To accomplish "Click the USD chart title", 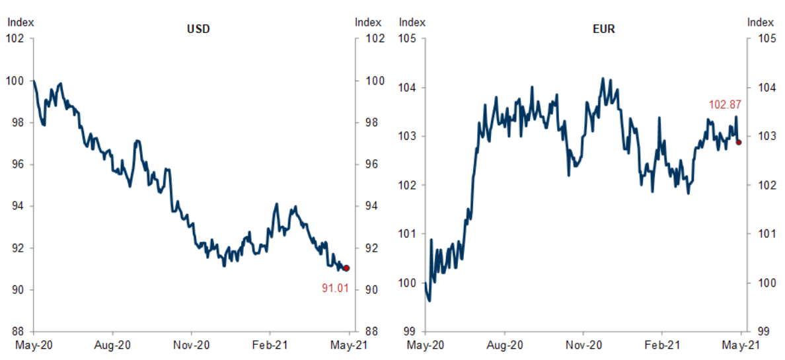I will (199, 29).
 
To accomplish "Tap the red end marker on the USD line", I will (347, 268).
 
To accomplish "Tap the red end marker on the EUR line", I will (739, 142).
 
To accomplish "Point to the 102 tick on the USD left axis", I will (15, 38).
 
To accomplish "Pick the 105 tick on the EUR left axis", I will (407, 38).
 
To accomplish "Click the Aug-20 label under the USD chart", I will (112, 345).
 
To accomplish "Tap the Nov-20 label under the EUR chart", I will (583, 345).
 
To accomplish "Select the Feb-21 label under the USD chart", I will (270, 345).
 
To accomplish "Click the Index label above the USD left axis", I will (20, 22).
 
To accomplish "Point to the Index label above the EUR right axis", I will (761, 22).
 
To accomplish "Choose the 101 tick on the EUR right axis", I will (763, 234).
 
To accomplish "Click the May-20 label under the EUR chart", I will (426, 345).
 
